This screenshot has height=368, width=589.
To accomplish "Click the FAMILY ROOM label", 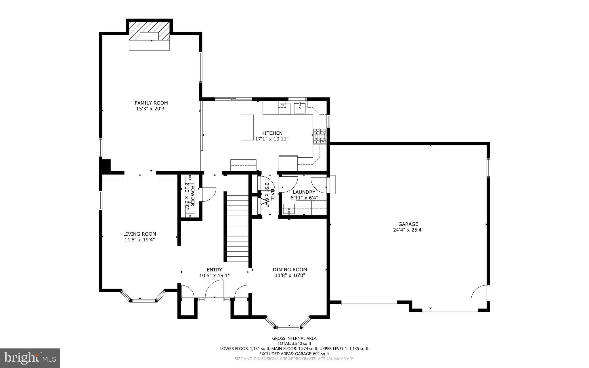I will pos(151,103).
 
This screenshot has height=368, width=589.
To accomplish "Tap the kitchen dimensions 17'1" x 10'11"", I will pos(272,139).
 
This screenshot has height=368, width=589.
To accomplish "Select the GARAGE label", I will pos(408,224).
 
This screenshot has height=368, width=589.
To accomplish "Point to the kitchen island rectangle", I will pos(247,127).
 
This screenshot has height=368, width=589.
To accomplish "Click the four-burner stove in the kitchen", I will pos(320,136).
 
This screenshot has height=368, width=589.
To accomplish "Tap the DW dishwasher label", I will pos(282,106).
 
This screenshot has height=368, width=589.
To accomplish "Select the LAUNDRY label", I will pos(304,192).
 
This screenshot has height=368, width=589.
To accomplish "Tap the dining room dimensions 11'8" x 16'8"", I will pos(290,275).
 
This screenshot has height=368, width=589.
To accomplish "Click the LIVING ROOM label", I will pos(139,234).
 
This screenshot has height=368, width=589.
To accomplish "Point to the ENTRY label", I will pos(214,270).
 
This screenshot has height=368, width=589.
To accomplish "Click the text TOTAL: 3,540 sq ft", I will pos(294,343).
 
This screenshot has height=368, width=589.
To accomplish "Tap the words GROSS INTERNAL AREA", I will pos(294,338).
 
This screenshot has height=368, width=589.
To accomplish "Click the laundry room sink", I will pos(288,209).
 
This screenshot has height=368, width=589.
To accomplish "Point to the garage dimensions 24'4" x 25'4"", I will pos(408,230).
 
